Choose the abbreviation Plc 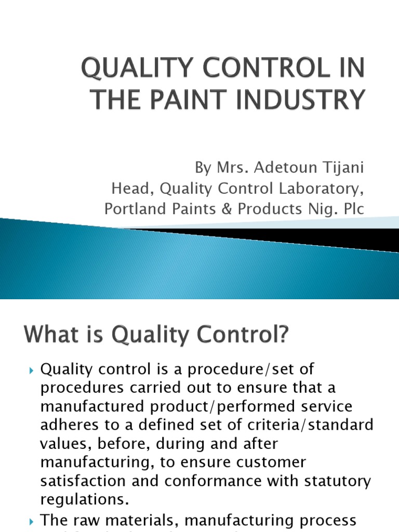(x=351, y=208)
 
